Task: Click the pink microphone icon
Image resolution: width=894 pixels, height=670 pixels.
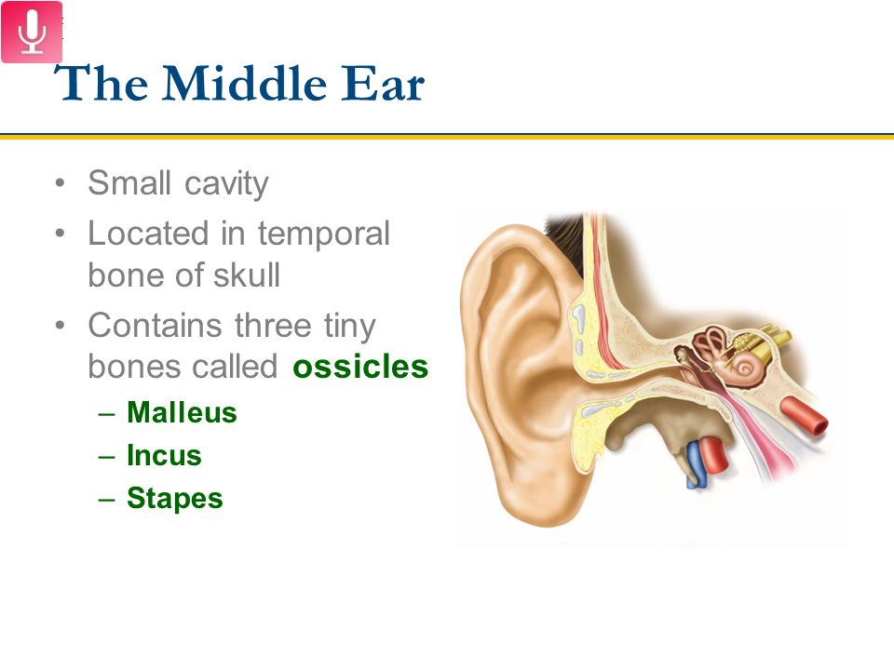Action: (32, 32)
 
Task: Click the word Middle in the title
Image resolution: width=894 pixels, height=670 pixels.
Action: (244, 83)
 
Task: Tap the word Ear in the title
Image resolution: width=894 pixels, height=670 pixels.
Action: (383, 85)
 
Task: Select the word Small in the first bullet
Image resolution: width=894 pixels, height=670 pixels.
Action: (129, 183)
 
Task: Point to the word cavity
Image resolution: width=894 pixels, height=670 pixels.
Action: (226, 184)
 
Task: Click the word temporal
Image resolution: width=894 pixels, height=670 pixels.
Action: (324, 234)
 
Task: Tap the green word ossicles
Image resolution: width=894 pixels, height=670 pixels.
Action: (360, 367)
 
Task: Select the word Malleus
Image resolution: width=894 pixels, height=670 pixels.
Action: (182, 412)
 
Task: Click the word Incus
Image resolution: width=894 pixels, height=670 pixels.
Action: (164, 455)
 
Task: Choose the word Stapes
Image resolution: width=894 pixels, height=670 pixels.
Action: (174, 499)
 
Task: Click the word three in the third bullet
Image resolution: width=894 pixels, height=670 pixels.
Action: (273, 326)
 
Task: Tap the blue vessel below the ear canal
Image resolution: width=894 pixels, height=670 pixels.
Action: (696, 464)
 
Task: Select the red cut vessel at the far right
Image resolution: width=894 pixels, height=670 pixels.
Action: (805, 416)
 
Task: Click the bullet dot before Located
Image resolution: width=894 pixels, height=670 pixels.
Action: (60, 233)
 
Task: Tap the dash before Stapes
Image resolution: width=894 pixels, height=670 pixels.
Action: (106, 499)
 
